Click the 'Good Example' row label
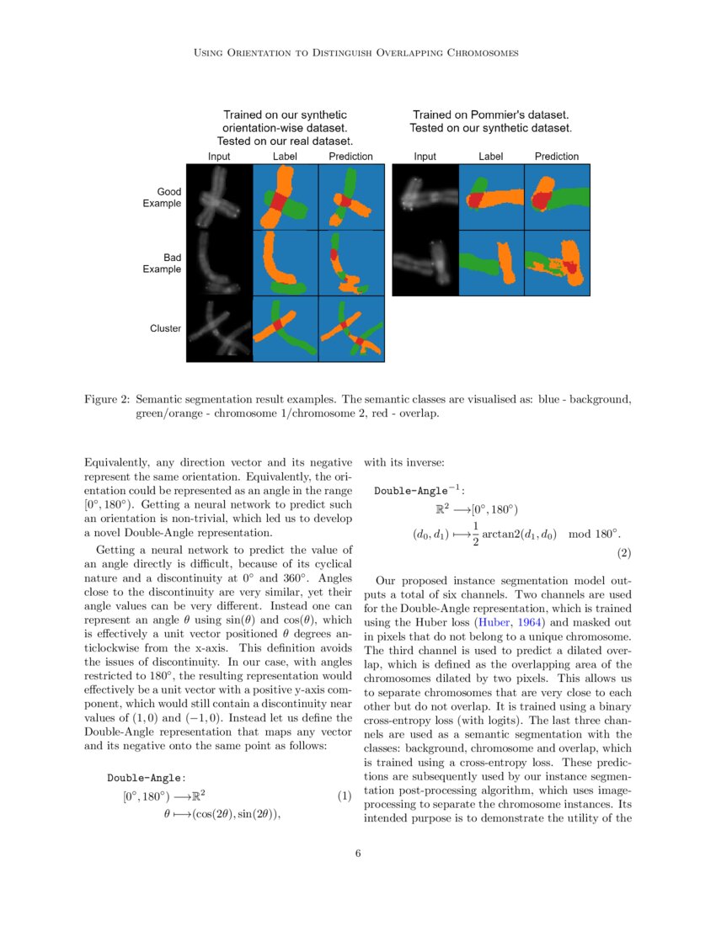coord(163,198)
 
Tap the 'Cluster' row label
coord(165,328)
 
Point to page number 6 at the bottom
coord(358,854)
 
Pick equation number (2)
coord(623,553)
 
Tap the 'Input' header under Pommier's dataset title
coord(425,157)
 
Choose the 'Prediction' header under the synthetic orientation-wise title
coord(350,157)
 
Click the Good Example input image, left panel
coord(219,197)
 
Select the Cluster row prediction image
coord(351,329)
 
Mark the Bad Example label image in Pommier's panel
coord(491,263)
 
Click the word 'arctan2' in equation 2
coord(504,535)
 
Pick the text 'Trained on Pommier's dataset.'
coord(490,114)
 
